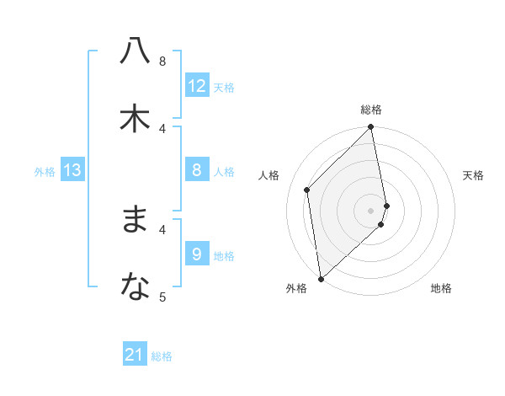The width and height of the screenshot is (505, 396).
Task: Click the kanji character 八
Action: point(135,51)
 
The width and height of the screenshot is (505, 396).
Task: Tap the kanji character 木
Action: point(135,119)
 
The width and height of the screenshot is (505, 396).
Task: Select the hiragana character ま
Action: point(135,220)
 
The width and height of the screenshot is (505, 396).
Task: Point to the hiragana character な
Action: point(135,287)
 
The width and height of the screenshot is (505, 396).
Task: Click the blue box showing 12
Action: point(197,86)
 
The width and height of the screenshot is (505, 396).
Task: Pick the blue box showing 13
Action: point(72,171)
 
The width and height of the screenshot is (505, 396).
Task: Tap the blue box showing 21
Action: point(135,356)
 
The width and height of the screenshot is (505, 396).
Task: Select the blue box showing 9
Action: point(197,254)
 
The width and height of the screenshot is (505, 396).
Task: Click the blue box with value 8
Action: point(197,171)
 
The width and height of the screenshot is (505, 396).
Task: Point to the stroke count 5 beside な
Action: point(163,297)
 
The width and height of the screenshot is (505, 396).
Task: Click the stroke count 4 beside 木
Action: point(163,128)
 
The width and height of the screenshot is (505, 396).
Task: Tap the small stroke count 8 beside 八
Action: point(163,61)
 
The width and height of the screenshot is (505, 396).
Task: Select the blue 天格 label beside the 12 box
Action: point(224,88)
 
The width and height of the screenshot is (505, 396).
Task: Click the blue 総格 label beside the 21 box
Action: point(162,356)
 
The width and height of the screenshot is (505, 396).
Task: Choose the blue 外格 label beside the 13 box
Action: point(45,172)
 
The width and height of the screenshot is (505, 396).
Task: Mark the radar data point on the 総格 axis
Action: point(371,128)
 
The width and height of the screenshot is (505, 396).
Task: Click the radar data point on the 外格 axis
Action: point(321,279)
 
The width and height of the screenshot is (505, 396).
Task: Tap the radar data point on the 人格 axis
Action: point(307,190)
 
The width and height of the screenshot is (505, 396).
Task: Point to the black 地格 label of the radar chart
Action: point(441,289)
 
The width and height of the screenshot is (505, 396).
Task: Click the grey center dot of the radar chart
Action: point(371,210)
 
